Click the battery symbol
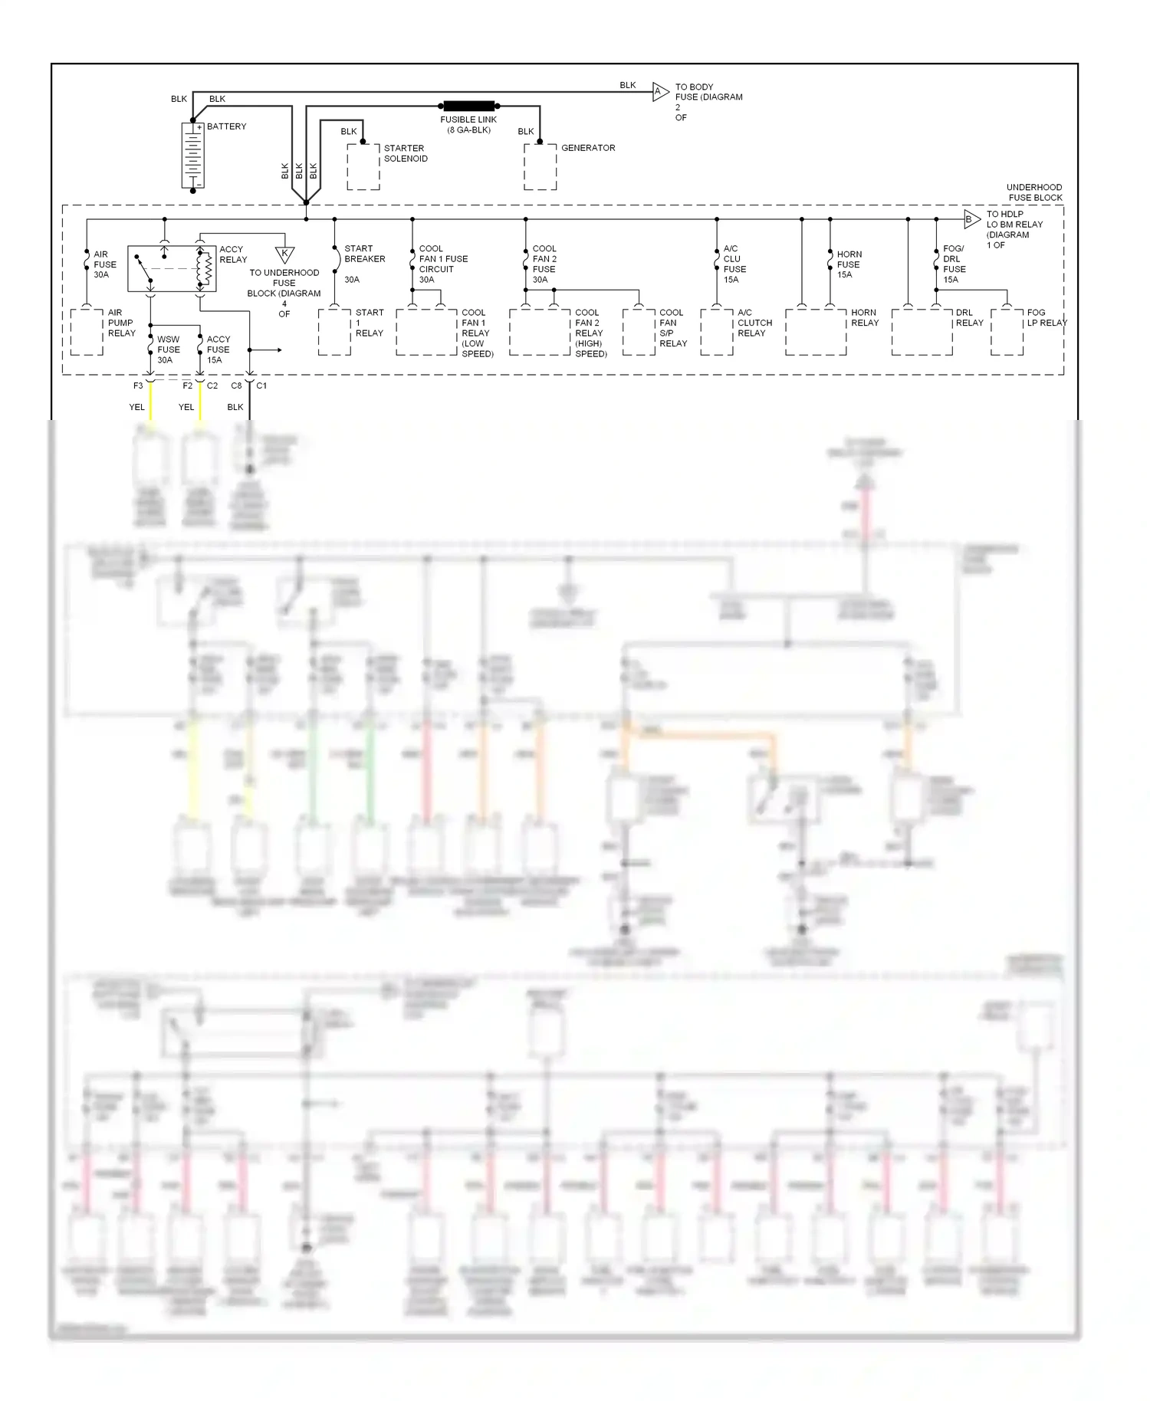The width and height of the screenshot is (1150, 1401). (x=192, y=156)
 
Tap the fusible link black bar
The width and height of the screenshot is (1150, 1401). (x=469, y=106)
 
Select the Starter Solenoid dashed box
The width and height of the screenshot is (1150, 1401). (x=363, y=166)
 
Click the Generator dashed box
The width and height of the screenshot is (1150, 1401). (x=540, y=166)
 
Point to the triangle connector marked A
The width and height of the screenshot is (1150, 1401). (x=659, y=92)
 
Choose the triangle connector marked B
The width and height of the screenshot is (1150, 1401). (x=971, y=219)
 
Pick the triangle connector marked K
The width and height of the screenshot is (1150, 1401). (x=284, y=254)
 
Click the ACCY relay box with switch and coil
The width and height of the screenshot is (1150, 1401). (x=172, y=268)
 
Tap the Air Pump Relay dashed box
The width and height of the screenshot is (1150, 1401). (x=87, y=332)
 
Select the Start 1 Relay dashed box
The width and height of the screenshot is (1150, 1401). (x=334, y=332)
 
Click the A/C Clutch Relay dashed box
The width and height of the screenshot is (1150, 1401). (x=717, y=332)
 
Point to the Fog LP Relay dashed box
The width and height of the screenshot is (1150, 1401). (x=1007, y=332)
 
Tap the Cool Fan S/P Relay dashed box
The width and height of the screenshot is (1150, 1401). (x=639, y=332)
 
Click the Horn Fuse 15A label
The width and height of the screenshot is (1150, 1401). (x=849, y=264)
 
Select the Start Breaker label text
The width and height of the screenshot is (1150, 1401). (x=364, y=254)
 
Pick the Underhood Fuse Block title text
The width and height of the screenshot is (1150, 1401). (x=1034, y=192)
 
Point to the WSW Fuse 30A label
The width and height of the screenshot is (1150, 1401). (x=169, y=349)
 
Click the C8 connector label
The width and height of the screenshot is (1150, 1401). (x=236, y=386)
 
